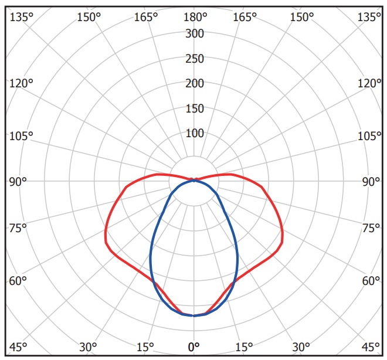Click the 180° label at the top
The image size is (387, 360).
pyautogui.click(x=195, y=16)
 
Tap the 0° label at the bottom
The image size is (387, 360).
pyautogui.click(x=195, y=347)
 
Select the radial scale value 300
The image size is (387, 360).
pyautogui.click(x=195, y=34)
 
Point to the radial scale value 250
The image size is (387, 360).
pyautogui.click(x=195, y=59)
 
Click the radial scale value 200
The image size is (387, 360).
pyautogui.click(x=195, y=84)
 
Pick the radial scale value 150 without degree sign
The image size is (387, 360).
pyautogui.click(x=195, y=108)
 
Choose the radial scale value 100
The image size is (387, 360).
pyautogui.click(x=195, y=134)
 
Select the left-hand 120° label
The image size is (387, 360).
pyautogui.click(x=22, y=83)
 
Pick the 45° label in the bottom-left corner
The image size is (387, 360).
pyautogui.click(x=18, y=347)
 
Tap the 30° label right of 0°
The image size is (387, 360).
pyautogui.click(x=301, y=347)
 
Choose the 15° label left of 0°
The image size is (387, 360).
pyautogui.click(x=144, y=347)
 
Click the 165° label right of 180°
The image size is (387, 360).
pyautogui.click(x=245, y=17)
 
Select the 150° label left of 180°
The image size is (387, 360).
pyautogui.click(x=89, y=17)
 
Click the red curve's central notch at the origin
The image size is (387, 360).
pyautogui.click(x=195, y=180)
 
